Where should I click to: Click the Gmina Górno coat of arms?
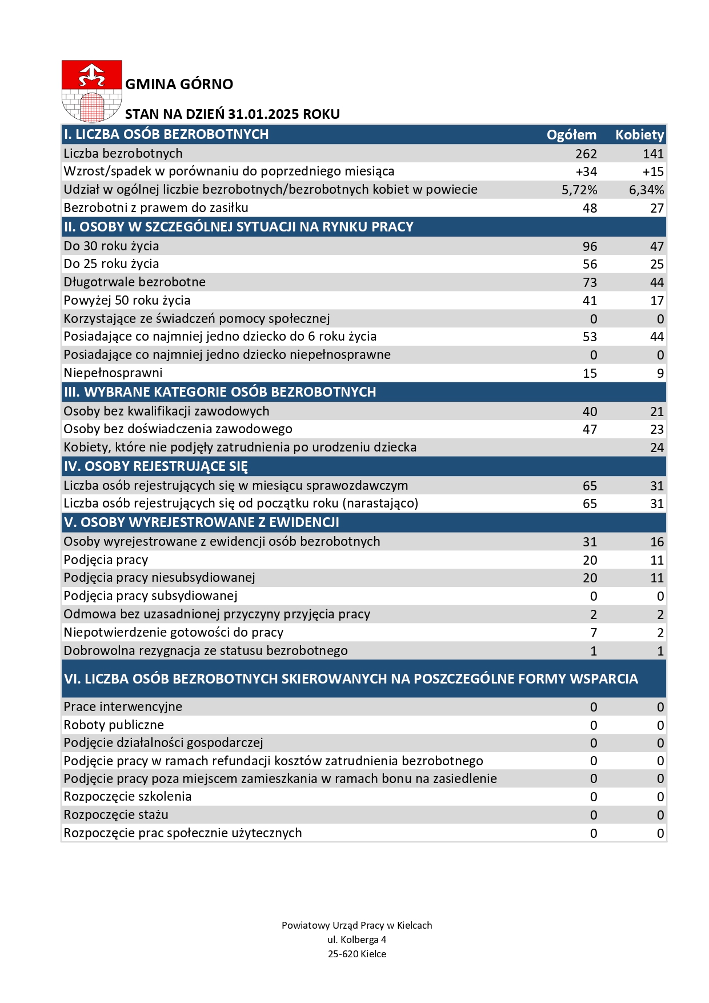tap(91, 91)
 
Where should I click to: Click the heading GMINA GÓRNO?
tap(179, 84)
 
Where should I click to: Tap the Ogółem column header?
tap(571, 135)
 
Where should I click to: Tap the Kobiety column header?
tap(639, 135)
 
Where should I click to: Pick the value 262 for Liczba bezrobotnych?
tap(586, 154)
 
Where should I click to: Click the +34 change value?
tap(586, 171)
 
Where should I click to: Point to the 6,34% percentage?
tap(646, 190)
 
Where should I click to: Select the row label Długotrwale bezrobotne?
tap(135, 282)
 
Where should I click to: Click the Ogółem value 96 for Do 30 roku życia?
tap(590, 246)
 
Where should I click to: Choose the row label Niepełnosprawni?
tap(113, 373)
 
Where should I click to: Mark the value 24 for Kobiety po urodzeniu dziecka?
tap(657, 447)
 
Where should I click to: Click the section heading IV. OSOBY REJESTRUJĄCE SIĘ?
tap(156, 466)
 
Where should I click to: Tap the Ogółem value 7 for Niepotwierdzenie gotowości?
tap(594, 633)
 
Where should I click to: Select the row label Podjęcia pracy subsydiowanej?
tap(151, 596)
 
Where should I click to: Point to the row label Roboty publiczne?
tap(114, 725)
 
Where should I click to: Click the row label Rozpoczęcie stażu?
tap(116, 814)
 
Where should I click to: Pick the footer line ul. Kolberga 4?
tap(357, 940)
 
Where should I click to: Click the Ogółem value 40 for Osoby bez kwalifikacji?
tap(590, 411)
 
